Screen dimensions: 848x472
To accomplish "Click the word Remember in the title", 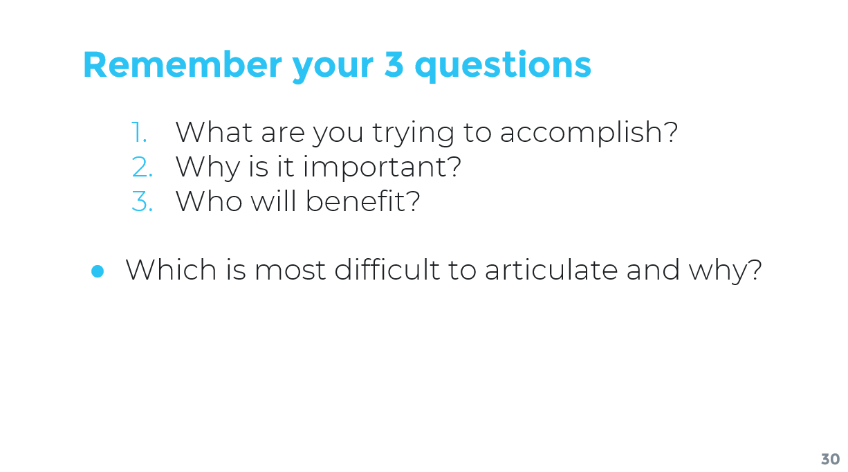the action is click(183, 65).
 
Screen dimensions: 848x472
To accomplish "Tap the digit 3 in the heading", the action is click(394, 65).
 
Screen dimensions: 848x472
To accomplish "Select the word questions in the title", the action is click(503, 66).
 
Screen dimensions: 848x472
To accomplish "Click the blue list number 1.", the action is click(139, 132).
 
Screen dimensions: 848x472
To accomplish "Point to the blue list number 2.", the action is click(142, 167).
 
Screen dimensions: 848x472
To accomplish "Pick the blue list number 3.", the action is click(142, 201).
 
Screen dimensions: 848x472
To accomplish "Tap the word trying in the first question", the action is click(413, 134).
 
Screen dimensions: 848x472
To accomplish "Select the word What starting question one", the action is click(214, 132).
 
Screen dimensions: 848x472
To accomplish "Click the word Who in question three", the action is click(209, 201).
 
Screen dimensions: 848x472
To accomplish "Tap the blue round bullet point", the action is click(98, 271).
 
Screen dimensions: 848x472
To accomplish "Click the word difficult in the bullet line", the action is click(387, 270).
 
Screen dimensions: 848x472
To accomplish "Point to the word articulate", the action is click(551, 270).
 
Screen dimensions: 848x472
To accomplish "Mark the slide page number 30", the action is click(830, 459).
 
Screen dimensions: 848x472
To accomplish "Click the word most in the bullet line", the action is click(291, 271).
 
